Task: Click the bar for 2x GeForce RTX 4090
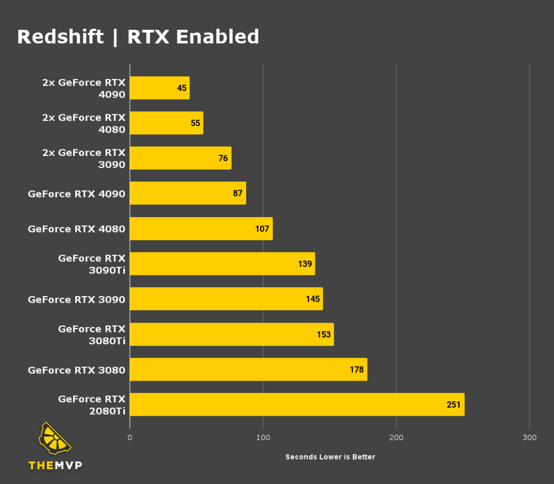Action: coord(160,88)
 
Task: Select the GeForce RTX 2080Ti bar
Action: coord(296,404)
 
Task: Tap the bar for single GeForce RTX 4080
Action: coord(201,228)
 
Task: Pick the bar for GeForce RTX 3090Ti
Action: coord(222,264)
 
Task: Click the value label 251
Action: coord(453,405)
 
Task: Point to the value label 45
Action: coord(182,88)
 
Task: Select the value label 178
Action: coord(357,370)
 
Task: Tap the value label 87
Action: coord(238,193)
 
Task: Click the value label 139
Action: coord(305,264)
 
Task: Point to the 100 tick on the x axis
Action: coord(263,437)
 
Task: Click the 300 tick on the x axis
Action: coord(530,437)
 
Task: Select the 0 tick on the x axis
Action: coord(130,437)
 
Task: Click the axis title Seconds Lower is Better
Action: coord(330,457)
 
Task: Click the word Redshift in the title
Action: coord(60,37)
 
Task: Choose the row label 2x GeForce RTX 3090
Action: coord(84,159)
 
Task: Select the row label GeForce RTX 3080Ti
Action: coord(91,335)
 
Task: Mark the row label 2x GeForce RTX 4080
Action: coord(84,123)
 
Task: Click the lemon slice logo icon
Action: coord(55,439)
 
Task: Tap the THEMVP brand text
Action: coord(55,465)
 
